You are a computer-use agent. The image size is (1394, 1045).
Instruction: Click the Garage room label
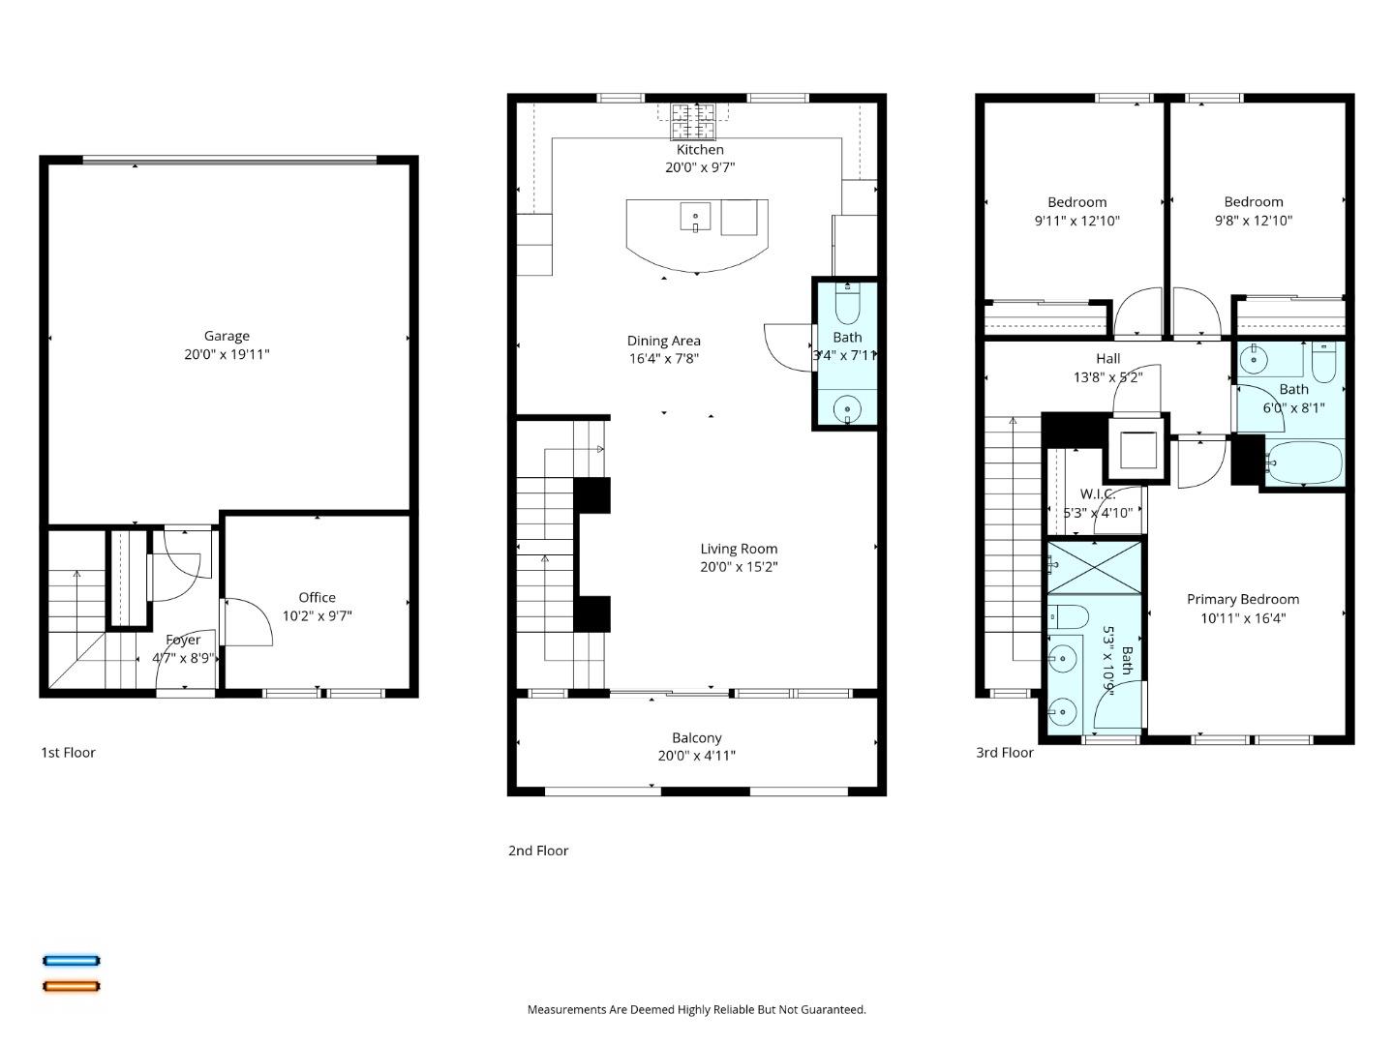tap(227, 336)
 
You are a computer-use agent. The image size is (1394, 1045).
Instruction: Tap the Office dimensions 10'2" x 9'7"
tap(317, 615)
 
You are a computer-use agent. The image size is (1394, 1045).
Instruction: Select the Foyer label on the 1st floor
tap(183, 640)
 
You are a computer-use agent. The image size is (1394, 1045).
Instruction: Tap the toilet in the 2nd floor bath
tap(847, 304)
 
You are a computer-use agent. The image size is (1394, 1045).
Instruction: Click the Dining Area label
tap(663, 341)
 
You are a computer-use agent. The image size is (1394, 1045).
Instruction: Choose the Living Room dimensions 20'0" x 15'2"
tap(739, 567)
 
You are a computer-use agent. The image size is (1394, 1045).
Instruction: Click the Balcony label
tap(697, 737)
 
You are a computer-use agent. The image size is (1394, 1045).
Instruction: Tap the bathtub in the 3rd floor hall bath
tap(1304, 463)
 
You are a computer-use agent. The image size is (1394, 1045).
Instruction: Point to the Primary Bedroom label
tap(1243, 599)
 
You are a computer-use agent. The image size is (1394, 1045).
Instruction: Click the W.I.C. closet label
tap(1098, 494)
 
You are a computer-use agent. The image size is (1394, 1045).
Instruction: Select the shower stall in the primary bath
tap(1095, 566)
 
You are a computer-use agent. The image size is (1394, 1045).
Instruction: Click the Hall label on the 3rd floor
tap(1108, 358)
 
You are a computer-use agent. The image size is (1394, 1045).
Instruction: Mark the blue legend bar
tap(71, 961)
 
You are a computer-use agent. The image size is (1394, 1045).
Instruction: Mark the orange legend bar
tap(71, 986)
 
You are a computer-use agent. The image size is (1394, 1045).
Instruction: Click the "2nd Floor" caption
tap(538, 851)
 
